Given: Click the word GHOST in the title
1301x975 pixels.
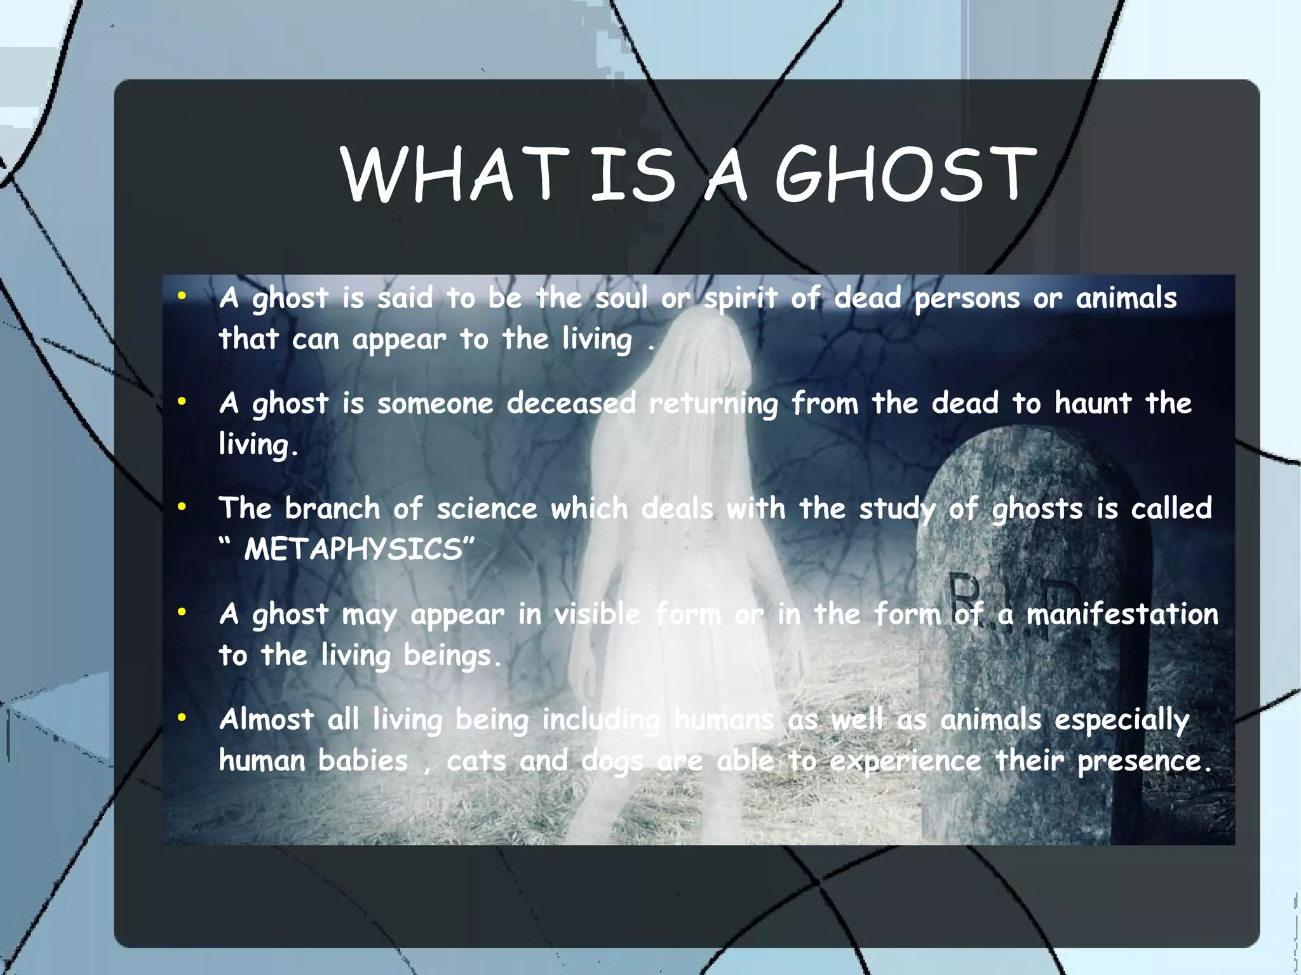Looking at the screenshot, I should click(905, 174).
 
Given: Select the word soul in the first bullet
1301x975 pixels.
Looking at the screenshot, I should click(621, 298).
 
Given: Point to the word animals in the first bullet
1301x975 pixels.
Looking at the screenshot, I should click(1126, 298).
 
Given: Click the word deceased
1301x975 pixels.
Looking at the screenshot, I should click(571, 403).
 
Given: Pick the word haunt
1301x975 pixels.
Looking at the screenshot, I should click(1093, 403).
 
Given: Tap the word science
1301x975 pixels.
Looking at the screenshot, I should click(487, 509).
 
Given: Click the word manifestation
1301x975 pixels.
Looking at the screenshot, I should click(1122, 614).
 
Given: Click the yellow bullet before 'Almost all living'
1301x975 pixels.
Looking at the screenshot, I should click(182, 718).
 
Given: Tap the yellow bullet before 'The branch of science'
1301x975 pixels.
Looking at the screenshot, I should click(182, 507).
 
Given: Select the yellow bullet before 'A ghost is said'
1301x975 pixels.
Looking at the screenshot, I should click(182, 296).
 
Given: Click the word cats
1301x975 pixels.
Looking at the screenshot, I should click(476, 760).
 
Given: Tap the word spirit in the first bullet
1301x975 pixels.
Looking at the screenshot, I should click(740, 298).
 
